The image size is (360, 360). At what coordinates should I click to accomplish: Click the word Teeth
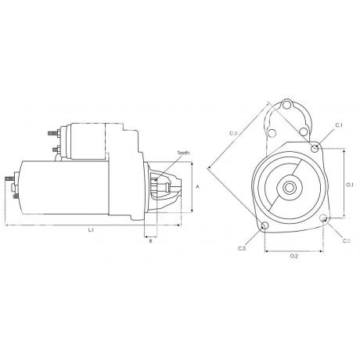pos(183,153)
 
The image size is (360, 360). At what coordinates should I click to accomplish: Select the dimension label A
pos(199,187)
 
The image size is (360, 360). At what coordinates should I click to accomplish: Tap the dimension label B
pos(149,242)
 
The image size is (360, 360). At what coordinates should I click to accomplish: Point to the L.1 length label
pos(91,230)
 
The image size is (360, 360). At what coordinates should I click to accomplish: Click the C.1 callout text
pos(338,125)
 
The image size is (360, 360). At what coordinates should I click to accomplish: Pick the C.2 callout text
pos(346,240)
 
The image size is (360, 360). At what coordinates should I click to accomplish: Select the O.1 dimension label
pos(350,185)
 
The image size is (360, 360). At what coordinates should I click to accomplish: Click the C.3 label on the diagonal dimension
pos(233,134)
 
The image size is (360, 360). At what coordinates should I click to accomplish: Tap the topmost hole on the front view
pos(287,106)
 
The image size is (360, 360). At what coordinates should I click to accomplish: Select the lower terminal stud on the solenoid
pos(56,149)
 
